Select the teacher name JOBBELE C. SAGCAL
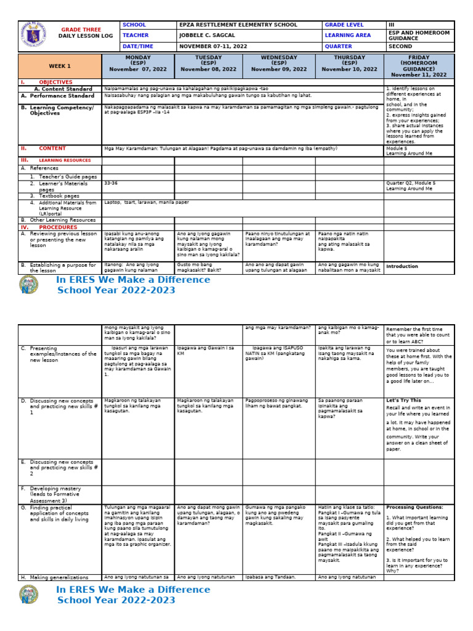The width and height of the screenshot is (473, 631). coord(209,36)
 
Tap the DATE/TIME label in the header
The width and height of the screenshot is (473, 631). coord(138,46)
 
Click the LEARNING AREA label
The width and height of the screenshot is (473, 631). coord(348,36)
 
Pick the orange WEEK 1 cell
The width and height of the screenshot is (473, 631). coord(60,66)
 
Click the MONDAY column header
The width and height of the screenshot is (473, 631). coord(138,66)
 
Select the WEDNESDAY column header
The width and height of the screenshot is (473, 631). coord(279,66)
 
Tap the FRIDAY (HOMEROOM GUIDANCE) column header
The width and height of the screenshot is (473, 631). coord(419,66)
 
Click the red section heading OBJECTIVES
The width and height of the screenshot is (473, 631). coord(55,82)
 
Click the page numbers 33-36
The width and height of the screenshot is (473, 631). coord(111,183)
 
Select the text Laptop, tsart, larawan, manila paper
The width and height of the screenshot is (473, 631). coord(147,202)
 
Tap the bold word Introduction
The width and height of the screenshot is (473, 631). coord(402,267)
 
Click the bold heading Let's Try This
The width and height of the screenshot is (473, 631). coord(404,401)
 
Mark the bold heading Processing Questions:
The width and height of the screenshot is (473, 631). coord(413,507)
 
